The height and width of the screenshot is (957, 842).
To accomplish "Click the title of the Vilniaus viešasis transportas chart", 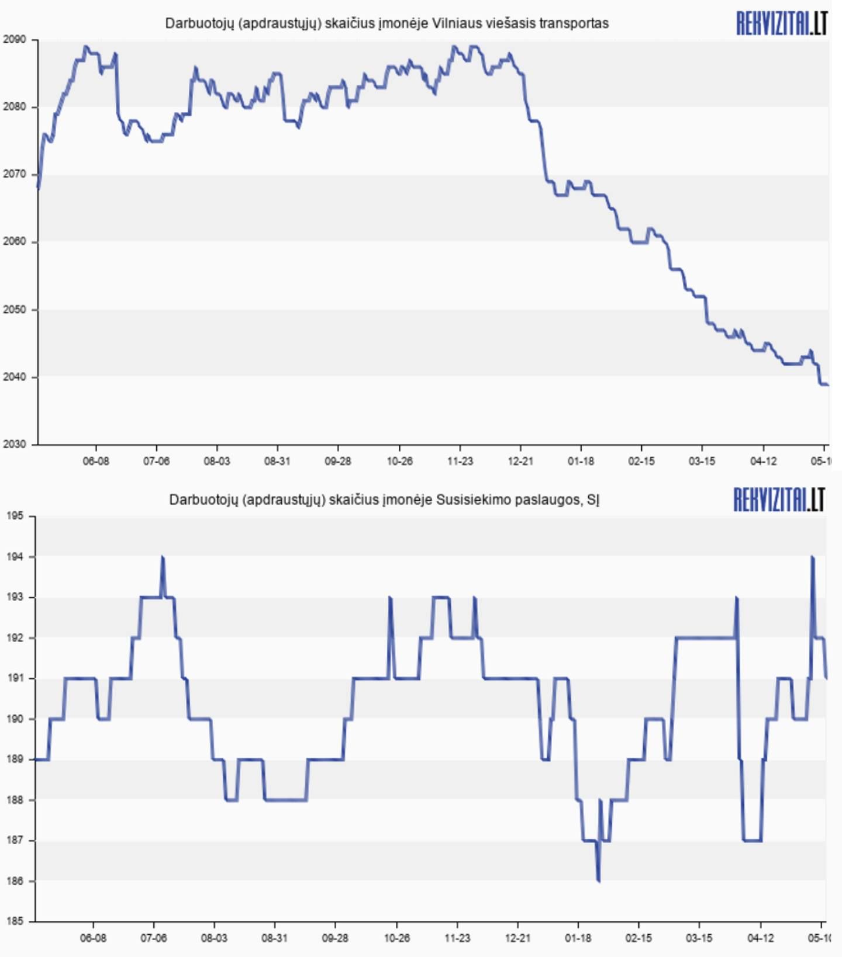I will (x=387, y=23).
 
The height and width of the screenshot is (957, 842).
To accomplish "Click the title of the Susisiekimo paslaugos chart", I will (x=384, y=500).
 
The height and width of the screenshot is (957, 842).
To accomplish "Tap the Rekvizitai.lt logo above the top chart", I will (x=781, y=23).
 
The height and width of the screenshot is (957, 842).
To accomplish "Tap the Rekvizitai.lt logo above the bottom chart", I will (x=779, y=500).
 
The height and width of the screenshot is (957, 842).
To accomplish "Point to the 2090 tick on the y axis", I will (x=14, y=40).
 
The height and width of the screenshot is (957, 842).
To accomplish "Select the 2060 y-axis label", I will (x=14, y=241).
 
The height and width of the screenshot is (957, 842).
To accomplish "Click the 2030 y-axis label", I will (x=14, y=444).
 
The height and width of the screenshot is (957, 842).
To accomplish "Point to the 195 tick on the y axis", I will (x=15, y=516).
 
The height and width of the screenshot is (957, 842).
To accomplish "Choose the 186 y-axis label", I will (x=15, y=881).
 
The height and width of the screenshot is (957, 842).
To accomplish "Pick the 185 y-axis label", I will (x=15, y=921).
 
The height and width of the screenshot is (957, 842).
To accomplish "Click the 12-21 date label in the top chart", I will (x=520, y=462).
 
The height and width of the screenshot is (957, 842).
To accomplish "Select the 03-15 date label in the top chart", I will (x=702, y=462).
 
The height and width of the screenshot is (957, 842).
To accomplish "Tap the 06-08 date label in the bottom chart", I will (x=93, y=938).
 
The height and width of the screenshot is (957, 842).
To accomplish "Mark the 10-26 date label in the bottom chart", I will (x=396, y=938).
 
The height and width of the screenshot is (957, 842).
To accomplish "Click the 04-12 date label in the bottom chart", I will (x=760, y=938).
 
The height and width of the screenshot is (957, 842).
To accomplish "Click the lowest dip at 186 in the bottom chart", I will (x=598, y=880).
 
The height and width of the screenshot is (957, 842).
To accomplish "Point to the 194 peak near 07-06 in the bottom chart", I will (x=163, y=558).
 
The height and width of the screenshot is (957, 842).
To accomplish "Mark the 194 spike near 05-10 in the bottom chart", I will (x=812, y=558).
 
